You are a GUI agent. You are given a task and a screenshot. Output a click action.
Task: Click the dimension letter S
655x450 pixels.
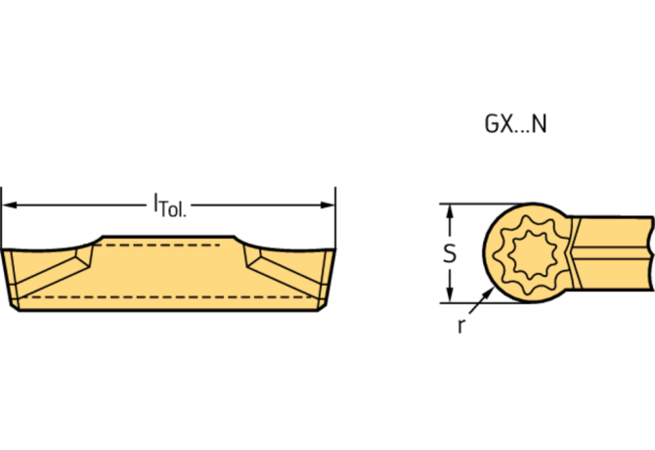tap(450, 253)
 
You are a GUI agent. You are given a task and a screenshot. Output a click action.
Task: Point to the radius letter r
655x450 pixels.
tap(459, 327)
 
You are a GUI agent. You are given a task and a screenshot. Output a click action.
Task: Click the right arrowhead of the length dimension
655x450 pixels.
tap(329, 205)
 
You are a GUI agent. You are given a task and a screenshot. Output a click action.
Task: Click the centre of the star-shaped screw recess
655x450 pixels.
tap(534, 253)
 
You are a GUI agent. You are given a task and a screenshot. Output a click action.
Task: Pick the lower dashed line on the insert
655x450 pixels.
tap(166, 294)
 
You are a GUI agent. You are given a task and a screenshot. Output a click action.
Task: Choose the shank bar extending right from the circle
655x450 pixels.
tap(616, 253)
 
